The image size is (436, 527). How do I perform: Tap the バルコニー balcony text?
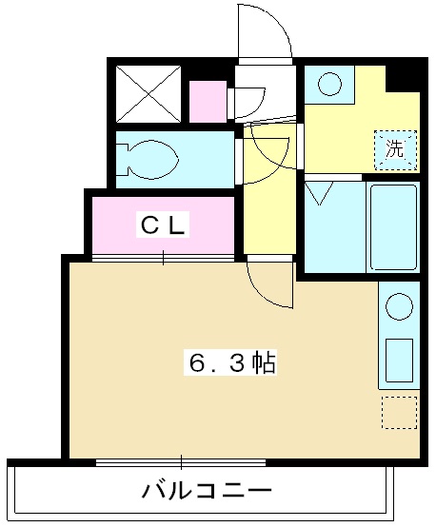coord(206,492)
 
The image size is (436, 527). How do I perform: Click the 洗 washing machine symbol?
coord(395,148)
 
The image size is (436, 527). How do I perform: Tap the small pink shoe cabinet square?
coord(207,102)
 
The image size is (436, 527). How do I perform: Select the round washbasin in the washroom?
coord(329,85)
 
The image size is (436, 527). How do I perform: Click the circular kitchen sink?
coord(399,308)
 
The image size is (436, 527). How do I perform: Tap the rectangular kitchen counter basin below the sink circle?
coord(399,357)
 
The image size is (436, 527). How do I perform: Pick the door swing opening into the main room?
coord(269,284)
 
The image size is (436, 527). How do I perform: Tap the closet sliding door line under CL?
coord(163,258)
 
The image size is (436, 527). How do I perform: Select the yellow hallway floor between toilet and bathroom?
coord(270,209)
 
